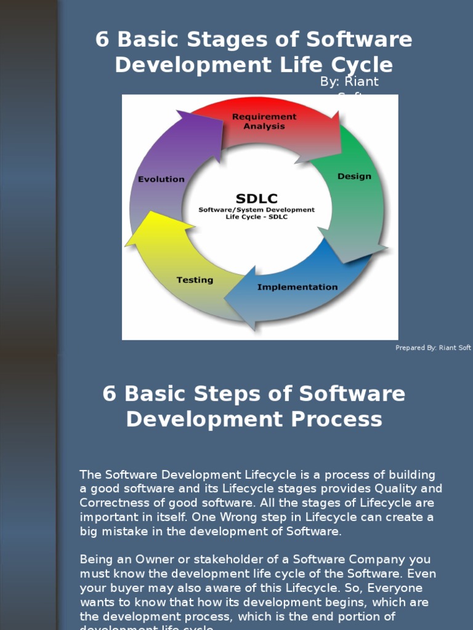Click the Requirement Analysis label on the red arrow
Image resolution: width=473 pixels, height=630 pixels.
pyautogui.click(x=264, y=121)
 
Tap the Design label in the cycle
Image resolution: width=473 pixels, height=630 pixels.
pyautogui.click(x=354, y=177)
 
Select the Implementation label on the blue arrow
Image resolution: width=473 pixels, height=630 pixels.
pyautogui.click(x=297, y=287)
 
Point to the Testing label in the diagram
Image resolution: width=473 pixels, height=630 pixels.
pyautogui.click(x=195, y=280)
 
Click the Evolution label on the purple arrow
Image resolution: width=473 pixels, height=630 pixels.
pyautogui.click(x=161, y=179)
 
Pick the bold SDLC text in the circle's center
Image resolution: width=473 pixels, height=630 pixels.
pyautogui.click(x=256, y=198)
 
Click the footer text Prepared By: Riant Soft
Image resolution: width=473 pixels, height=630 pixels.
pyautogui.click(x=433, y=348)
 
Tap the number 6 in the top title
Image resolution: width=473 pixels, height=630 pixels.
pyautogui.click(x=102, y=40)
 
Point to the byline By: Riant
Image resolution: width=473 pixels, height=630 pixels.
pyautogui.click(x=349, y=82)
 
